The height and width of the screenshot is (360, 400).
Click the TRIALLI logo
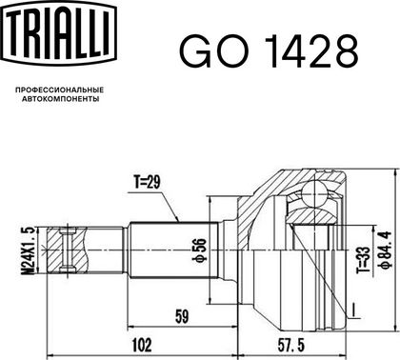(60, 33)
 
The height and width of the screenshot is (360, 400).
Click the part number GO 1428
(270, 50)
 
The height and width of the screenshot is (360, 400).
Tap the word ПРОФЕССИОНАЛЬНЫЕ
(60, 90)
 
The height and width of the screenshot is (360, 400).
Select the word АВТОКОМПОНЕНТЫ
(60, 99)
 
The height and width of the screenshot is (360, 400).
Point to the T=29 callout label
(147, 182)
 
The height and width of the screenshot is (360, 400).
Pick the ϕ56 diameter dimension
(200, 250)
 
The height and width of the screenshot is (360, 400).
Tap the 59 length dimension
(182, 316)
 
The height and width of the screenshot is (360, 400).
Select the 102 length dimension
(141, 345)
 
